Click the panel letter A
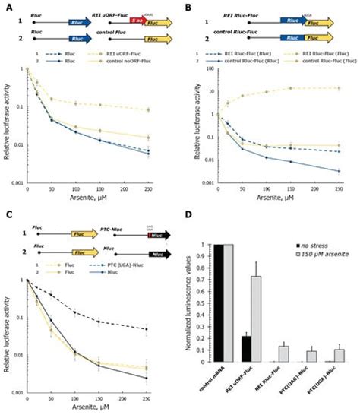click(6, 5)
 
